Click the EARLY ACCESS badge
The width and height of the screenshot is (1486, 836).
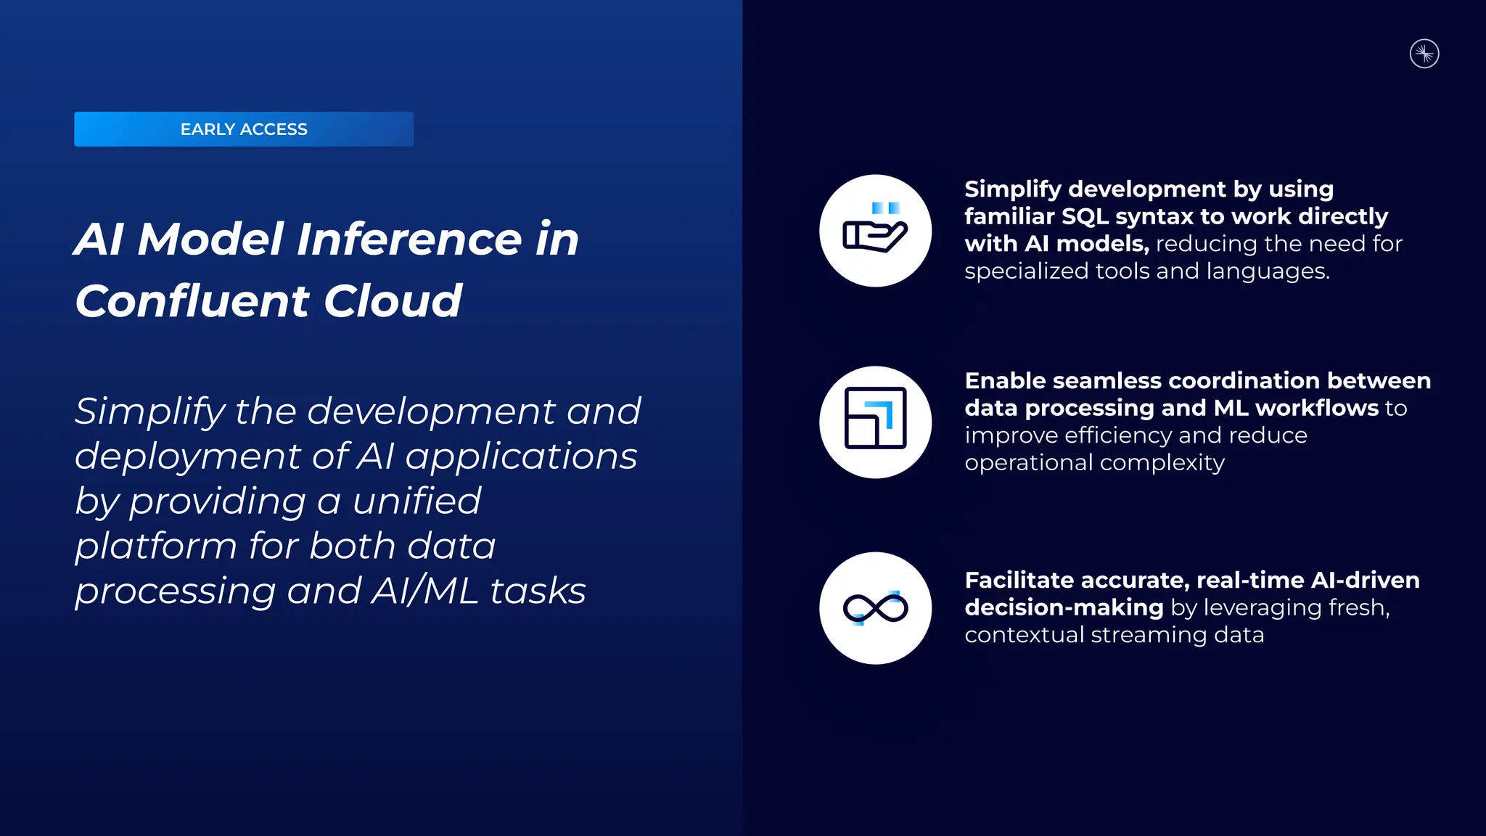click(x=244, y=129)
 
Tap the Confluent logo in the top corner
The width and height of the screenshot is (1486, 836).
click(x=1424, y=54)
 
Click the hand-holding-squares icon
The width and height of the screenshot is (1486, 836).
click(x=875, y=231)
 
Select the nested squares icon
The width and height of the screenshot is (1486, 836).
click(x=875, y=422)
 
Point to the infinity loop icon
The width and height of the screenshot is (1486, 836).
click(x=875, y=608)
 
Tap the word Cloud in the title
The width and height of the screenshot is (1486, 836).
click(x=393, y=301)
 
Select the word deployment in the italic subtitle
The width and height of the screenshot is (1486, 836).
click(x=187, y=456)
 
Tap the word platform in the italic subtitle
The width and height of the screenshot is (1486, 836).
click(x=155, y=546)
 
